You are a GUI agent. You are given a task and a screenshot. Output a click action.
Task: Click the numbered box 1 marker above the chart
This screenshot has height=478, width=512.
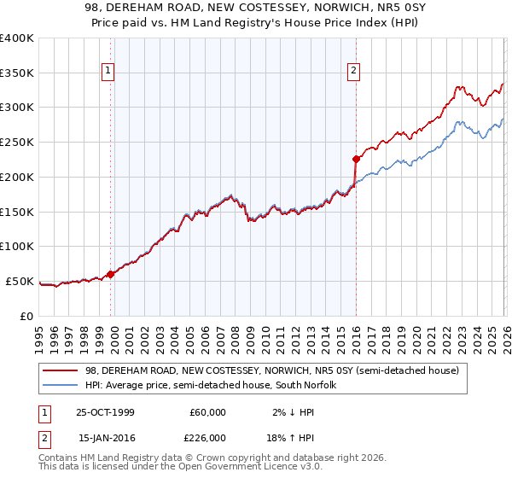(110, 72)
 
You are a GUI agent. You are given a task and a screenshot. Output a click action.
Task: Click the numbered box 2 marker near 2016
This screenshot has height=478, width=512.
(353, 72)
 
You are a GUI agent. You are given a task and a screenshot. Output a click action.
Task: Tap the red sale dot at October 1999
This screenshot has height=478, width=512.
(111, 274)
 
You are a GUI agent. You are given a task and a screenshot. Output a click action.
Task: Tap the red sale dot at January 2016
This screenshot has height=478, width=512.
(356, 158)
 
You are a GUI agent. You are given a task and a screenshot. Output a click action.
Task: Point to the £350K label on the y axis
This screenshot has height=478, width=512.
(17, 73)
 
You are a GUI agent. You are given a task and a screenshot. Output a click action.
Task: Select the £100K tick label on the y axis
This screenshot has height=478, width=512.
(17, 246)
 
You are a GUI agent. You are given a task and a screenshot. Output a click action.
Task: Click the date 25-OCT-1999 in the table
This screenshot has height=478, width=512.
(105, 412)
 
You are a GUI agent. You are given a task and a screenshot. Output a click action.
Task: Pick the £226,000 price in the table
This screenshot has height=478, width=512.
(207, 438)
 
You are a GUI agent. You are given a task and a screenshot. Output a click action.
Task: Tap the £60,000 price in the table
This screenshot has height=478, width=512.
(207, 412)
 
